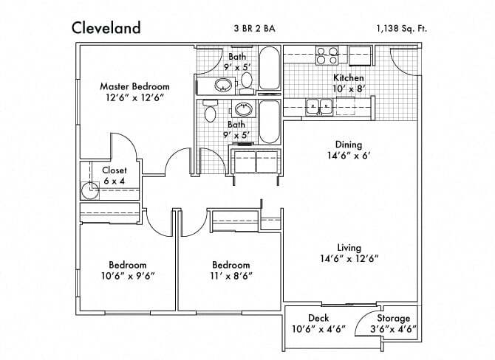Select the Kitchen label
pyautogui.click(x=349, y=77)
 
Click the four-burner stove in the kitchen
pyautogui.click(x=326, y=55)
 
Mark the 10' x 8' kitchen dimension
pyautogui.click(x=349, y=88)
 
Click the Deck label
pyautogui.click(x=318, y=319)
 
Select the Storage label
pyautogui.click(x=393, y=319)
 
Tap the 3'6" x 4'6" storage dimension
pyautogui.click(x=393, y=329)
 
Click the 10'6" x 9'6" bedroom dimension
pyautogui.click(x=128, y=276)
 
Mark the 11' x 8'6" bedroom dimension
pyautogui.click(x=231, y=276)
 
